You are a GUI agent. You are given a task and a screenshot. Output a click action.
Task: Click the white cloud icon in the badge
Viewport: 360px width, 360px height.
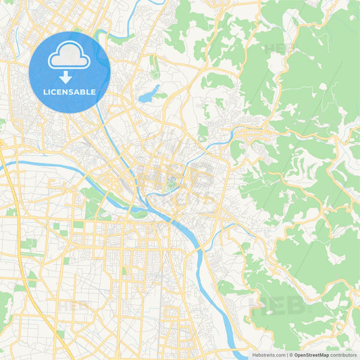(x=70, y=56)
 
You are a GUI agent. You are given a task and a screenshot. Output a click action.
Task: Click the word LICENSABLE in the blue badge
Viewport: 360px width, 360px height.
(x=70, y=92)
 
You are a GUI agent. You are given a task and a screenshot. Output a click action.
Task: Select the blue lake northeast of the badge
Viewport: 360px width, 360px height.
(x=149, y=95)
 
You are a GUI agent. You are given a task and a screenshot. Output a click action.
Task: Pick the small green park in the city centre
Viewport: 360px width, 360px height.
(x=172, y=181)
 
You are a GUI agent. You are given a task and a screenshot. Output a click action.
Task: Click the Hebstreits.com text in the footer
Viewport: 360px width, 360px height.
(x=267, y=355)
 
